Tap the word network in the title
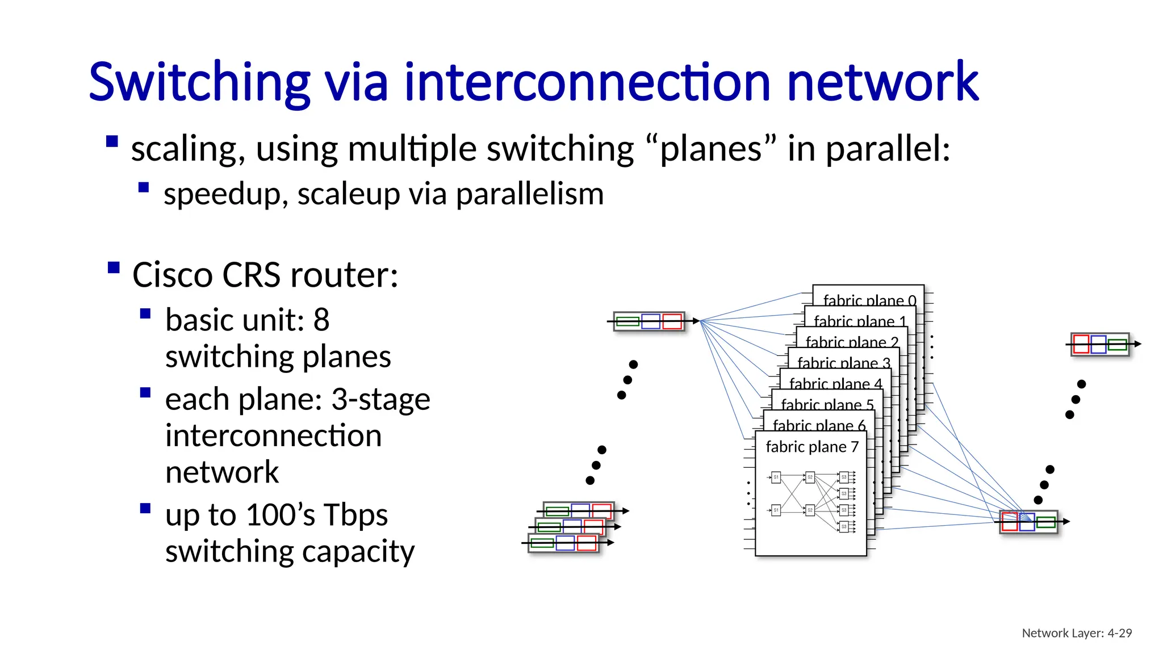click(x=883, y=82)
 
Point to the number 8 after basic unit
click(x=321, y=320)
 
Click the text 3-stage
click(x=380, y=399)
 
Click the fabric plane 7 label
click(x=811, y=447)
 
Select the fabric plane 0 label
click(x=869, y=300)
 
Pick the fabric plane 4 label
click(x=835, y=384)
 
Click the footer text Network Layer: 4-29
click(x=1077, y=633)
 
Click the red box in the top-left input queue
click(x=672, y=321)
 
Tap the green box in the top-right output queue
click(x=1117, y=345)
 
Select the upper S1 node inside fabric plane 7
click(x=776, y=477)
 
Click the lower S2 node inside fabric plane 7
click(x=810, y=510)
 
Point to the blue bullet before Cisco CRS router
click(x=114, y=267)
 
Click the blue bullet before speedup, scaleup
click(x=144, y=187)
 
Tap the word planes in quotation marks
click(x=710, y=149)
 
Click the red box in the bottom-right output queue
click(x=1009, y=521)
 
